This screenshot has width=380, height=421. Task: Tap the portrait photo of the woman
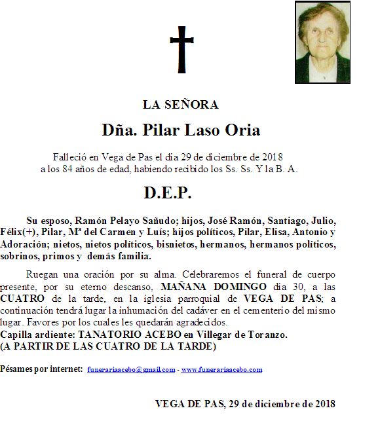(x=322, y=42)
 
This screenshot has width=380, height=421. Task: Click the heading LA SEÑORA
(x=181, y=105)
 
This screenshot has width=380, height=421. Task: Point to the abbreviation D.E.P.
(x=168, y=193)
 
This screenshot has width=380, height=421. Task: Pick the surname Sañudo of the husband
(x=151, y=220)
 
